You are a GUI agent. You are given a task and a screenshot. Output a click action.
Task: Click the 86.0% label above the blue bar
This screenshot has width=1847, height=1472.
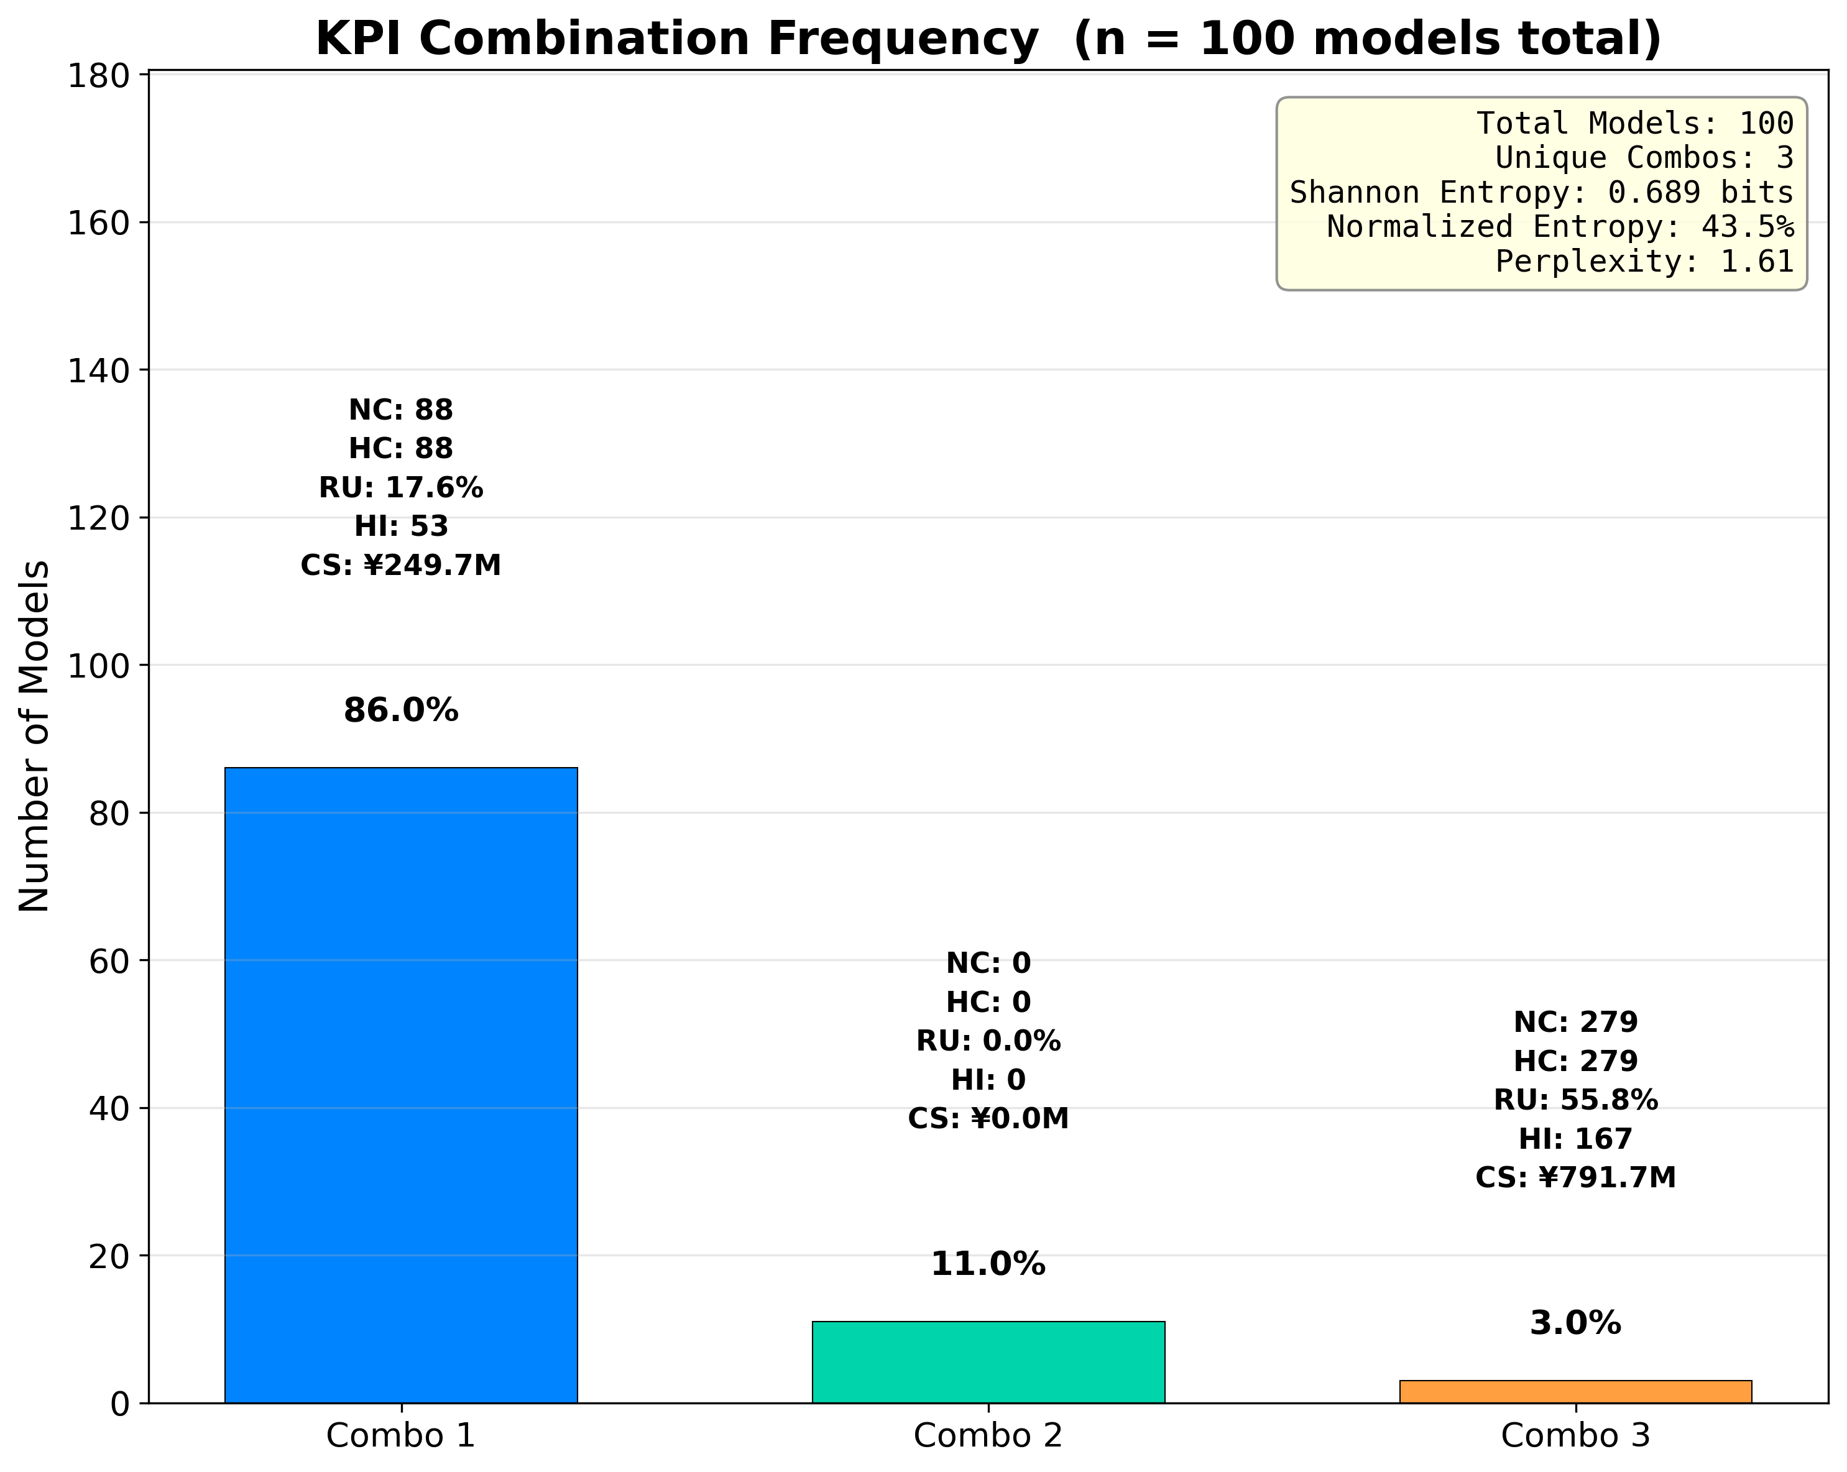401,711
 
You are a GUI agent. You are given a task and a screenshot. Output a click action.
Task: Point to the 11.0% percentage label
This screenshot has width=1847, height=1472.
988,1264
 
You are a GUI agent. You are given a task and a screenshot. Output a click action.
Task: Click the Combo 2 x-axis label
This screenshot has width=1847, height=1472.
988,1436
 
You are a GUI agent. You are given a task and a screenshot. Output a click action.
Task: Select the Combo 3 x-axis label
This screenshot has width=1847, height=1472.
1575,1436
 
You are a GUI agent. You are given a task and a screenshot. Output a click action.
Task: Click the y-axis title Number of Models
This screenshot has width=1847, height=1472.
34,736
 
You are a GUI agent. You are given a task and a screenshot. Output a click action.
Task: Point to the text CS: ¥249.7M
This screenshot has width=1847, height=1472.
401,566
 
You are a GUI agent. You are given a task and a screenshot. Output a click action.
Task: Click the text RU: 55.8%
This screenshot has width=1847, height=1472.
1575,1100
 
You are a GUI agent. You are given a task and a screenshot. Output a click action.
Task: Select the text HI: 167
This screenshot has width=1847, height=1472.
1575,1139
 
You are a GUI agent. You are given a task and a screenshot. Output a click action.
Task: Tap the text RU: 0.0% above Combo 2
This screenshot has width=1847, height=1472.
988,1041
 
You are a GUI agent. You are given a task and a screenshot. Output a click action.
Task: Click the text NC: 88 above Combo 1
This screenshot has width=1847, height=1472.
401,410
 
